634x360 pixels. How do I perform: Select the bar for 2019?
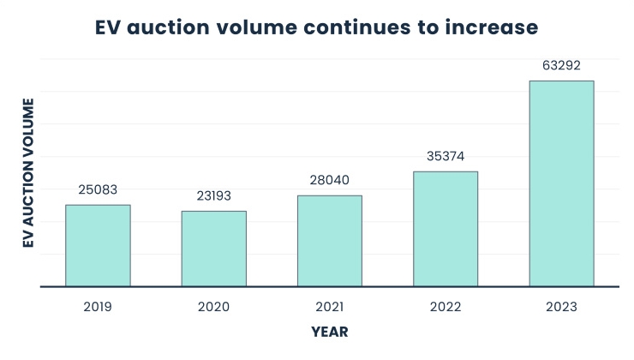click(98, 245)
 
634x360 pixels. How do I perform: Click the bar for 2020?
click(213, 249)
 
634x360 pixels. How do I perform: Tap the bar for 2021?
click(330, 241)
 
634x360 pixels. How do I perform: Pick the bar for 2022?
click(446, 229)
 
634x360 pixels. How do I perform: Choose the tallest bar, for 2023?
click(561, 183)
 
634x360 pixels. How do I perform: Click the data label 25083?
click(98, 189)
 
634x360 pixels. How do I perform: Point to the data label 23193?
click(213, 195)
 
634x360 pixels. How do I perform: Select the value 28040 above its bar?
click(330, 180)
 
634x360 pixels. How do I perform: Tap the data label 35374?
click(446, 156)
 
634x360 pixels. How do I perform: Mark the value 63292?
click(561, 65)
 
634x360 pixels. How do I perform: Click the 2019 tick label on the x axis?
click(98, 306)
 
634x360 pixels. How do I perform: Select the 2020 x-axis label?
click(213, 306)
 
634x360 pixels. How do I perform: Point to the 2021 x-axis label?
click(330, 306)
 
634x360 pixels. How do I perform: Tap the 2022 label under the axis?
click(446, 306)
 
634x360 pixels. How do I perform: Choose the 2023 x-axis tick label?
click(561, 306)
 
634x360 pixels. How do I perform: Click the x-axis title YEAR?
click(330, 331)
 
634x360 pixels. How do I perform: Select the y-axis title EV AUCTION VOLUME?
click(27, 174)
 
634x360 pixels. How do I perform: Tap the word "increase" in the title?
click(491, 27)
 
